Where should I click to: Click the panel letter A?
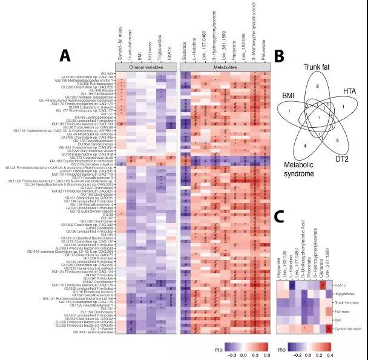pyautogui.click(x=67, y=56)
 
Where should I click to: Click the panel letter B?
pyautogui.click(x=279, y=56)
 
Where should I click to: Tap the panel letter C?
pyautogui.click(x=278, y=216)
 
